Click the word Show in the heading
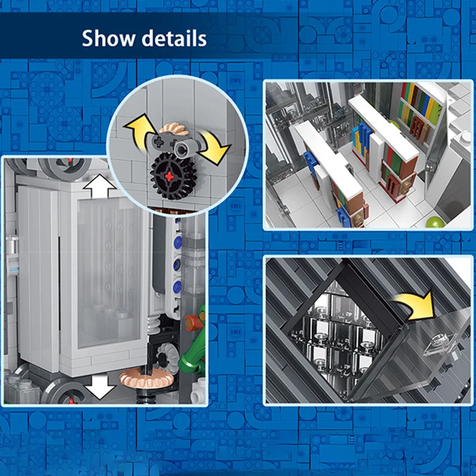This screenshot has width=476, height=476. [109, 38]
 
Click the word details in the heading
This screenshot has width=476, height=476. [174, 38]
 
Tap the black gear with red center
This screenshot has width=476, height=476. [169, 176]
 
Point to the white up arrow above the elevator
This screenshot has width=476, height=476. [99, 186]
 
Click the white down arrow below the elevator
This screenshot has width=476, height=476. [99, 387]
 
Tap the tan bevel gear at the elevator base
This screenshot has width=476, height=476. [146, 378]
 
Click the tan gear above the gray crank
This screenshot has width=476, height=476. [173, 129]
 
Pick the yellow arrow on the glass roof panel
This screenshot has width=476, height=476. [418, 305]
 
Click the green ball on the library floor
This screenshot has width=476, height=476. [435, 222]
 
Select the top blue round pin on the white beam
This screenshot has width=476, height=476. [177, 243]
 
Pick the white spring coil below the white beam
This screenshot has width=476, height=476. [154, 325]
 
